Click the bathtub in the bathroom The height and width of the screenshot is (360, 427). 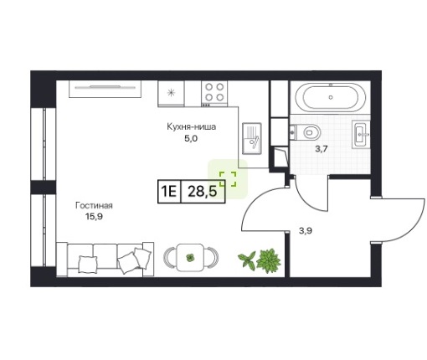[331, 97]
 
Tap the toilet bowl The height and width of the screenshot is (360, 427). [305, 132]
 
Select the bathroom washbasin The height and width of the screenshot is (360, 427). [361, 134]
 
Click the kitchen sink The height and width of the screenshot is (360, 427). [252, 138]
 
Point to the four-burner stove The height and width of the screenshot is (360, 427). [214, 94]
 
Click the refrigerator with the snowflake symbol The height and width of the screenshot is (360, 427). [171, 94]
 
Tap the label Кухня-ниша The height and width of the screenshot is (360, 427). [192, 126]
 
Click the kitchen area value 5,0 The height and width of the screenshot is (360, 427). [191, 138]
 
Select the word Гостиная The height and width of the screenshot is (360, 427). [94, 206]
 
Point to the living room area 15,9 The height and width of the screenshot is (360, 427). [94, 216]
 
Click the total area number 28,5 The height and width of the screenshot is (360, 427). [202, 192]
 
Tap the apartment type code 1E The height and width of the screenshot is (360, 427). [169, 192]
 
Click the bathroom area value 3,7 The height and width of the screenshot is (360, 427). [321, 149]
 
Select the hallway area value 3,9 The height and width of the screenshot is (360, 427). [306, 231]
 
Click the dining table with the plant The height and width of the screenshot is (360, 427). [191, 257]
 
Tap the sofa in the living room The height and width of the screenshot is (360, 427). [105, 260]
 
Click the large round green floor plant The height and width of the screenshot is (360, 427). [269, 261]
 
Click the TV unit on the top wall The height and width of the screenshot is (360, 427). [105, 89]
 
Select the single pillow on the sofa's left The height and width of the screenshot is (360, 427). [88, 264]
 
